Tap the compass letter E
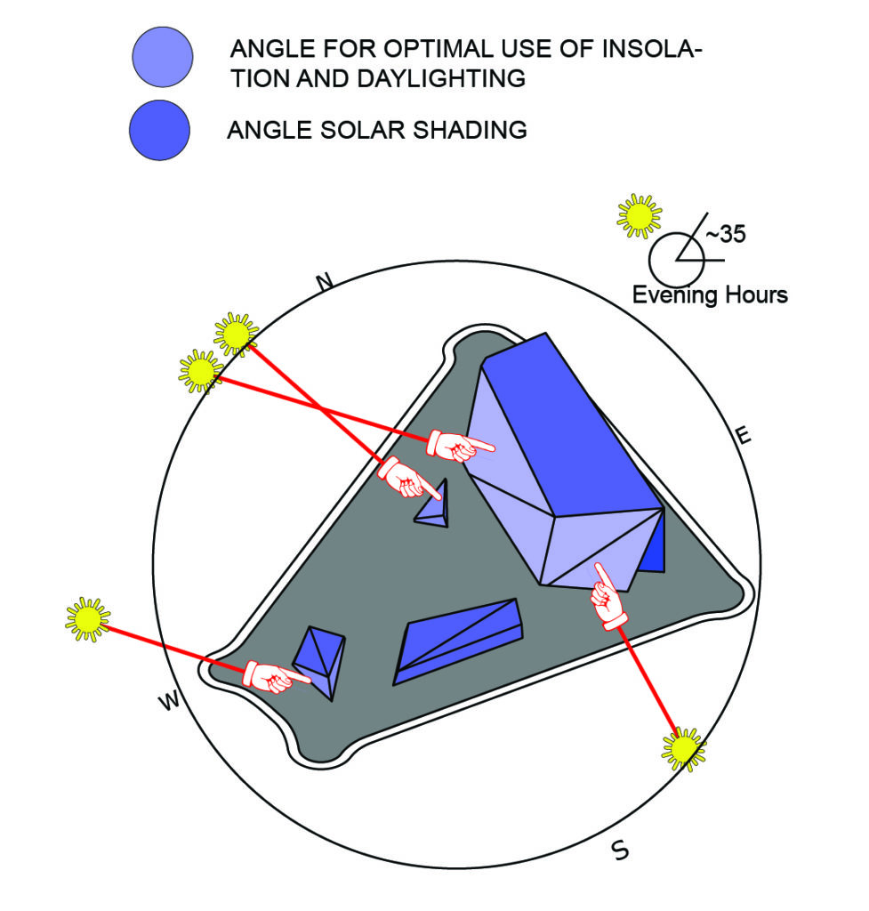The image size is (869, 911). point(744,435)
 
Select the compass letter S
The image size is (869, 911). point(620,851)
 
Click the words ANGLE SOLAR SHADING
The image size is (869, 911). point(377,130)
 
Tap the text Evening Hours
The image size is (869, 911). point(710,294)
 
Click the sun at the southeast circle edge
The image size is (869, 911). point(683,749)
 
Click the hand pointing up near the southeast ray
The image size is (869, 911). point(607,597)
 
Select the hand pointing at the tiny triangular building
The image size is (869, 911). point(408,479)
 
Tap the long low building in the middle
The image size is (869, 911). point(458,638)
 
